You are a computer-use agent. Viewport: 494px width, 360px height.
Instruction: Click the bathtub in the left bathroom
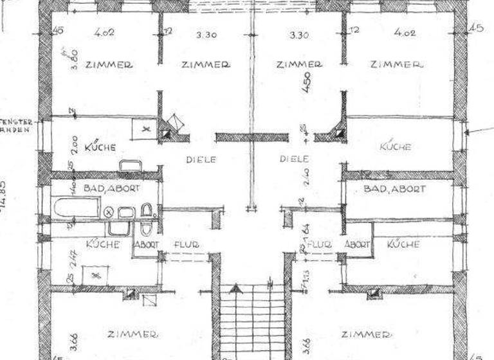77,207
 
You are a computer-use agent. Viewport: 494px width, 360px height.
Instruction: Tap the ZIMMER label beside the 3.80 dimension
110,64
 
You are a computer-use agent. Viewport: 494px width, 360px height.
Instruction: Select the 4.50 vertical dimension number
307,82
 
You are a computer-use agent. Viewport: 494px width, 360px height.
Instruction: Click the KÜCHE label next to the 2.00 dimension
100,147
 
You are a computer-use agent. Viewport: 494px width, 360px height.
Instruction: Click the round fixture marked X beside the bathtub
109,212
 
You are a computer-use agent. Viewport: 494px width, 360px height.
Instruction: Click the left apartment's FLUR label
186,244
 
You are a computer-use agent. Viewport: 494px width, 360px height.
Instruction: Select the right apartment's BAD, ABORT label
395,188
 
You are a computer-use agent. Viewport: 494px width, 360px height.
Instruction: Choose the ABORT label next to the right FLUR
357,244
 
